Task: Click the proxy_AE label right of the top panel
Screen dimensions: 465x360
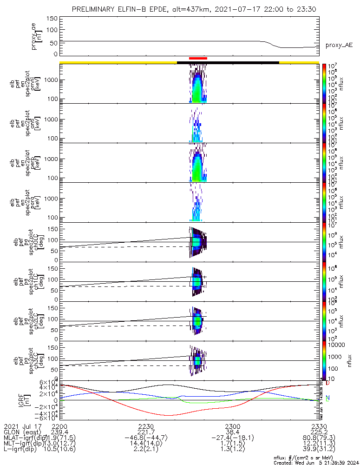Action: (339, 45)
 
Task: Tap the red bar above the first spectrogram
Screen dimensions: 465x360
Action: (198, 58)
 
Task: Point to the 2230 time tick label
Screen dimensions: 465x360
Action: (146, 426)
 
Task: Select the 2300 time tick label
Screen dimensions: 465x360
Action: (232, 426)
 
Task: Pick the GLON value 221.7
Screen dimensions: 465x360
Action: (146, 432)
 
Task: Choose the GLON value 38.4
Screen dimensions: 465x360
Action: (232, 432)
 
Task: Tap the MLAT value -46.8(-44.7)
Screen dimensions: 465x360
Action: (146, 438)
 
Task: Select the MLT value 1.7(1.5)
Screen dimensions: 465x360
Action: (232, 445)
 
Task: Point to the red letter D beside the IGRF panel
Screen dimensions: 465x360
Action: (327, 383)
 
